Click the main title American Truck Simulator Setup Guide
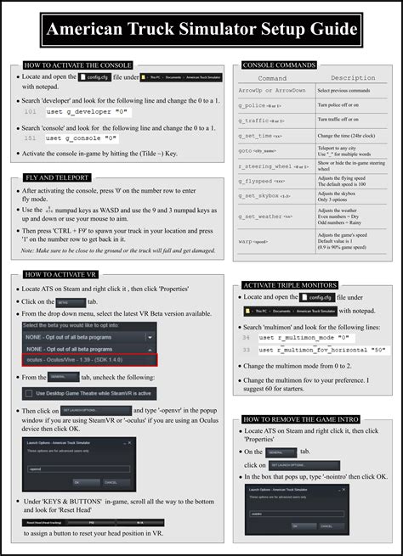[x=201, y=31]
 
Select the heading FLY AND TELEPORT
[x=57, y=178]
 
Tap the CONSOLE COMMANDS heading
[x=281, y=65]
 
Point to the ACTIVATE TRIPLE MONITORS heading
[x=290, y=285]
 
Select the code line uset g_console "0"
[x=88, y=138]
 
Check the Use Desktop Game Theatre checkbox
[x=31, y=394]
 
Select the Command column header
[x=272, y=78]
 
